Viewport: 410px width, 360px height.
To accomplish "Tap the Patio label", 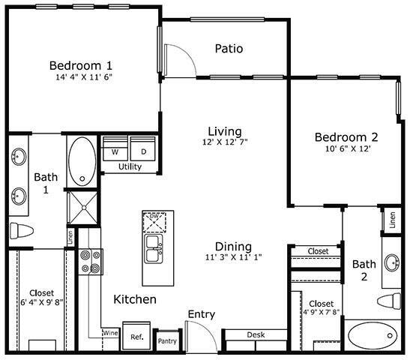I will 229,49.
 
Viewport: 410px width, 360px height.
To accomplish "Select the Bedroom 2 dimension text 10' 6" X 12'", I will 346,149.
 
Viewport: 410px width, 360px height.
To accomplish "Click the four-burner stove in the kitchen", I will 90,261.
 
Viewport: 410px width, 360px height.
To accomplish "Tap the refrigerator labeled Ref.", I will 137,337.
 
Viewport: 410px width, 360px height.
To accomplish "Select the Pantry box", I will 166,340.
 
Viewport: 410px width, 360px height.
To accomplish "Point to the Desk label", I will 256,335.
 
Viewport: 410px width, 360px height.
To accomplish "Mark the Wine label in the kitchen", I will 110,332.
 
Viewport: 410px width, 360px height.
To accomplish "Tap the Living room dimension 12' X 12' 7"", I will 225,142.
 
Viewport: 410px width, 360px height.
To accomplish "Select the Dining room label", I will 233,247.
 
